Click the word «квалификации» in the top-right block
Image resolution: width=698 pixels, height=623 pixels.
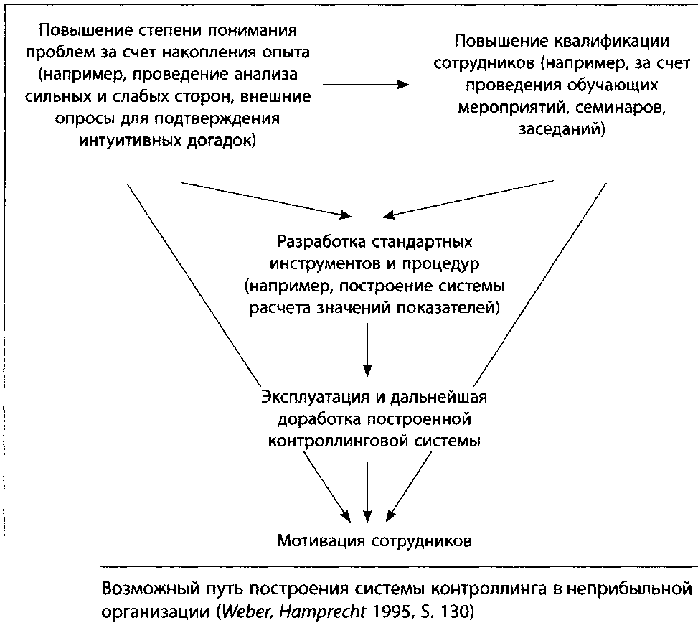611,42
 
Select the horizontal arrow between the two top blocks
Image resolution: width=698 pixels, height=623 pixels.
365,85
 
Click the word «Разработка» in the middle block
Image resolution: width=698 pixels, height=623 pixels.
322,242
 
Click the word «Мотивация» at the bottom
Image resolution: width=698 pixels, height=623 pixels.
321,540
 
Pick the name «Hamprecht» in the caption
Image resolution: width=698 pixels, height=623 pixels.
322,612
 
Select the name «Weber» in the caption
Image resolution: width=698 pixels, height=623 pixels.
248,612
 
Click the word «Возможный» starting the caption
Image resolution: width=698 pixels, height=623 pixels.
152,589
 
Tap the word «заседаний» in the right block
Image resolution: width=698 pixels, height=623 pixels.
561,129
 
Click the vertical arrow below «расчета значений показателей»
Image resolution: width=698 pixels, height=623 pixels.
367,350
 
